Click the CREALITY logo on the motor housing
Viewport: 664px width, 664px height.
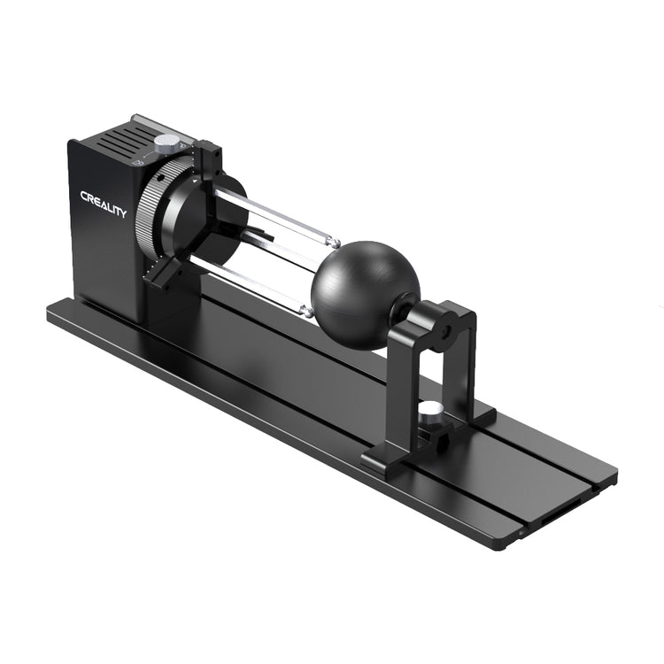103,204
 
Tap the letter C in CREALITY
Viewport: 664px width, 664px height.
84,196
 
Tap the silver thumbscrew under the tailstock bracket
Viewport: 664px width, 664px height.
432,410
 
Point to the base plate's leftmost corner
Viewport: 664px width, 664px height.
48,311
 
